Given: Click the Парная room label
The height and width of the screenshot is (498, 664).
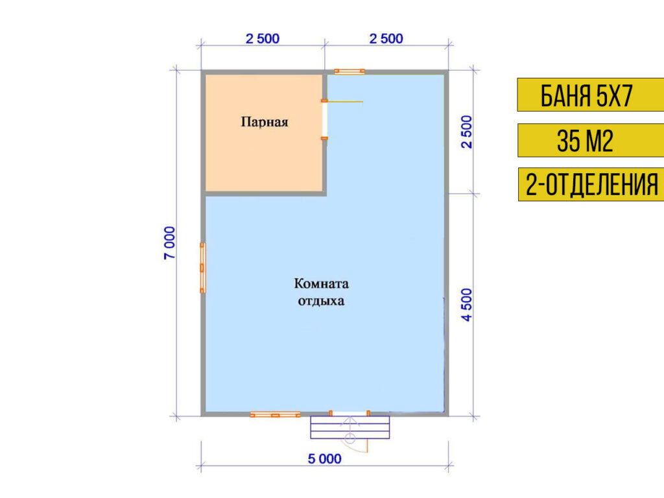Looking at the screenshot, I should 264,121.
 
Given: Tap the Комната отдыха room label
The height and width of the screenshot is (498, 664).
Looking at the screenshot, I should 321,292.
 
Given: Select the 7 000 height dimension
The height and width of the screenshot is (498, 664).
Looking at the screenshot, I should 169,243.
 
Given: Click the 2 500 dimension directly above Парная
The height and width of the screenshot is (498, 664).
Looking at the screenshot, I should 262,39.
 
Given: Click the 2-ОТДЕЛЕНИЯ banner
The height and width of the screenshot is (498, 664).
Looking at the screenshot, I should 590,185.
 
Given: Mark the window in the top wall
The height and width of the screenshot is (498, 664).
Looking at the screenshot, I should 349,71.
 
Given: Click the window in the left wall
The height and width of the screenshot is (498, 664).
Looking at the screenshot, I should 202,267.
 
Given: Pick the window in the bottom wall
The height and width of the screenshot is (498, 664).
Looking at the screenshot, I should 275,414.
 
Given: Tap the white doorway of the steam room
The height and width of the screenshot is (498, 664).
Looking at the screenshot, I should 325,120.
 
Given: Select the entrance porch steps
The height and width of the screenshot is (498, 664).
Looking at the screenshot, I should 350,427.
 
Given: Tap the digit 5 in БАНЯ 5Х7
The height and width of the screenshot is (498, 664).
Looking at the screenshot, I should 600,95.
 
